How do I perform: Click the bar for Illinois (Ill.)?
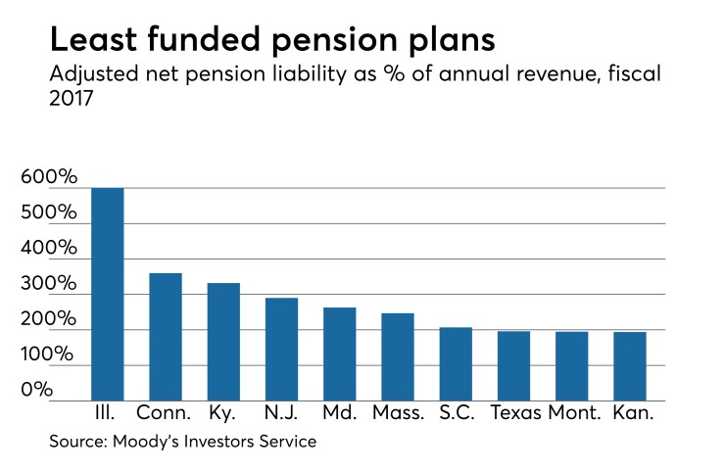point(108,294)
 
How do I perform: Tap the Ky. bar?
point(223,342)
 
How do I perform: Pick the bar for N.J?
point(282,350)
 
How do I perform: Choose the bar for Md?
point(340,354)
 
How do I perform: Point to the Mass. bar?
point(398,357)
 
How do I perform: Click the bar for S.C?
point(456,364)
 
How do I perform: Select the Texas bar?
point(513,366)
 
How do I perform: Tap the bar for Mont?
point(572,366)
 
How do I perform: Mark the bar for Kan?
point(630,366)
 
